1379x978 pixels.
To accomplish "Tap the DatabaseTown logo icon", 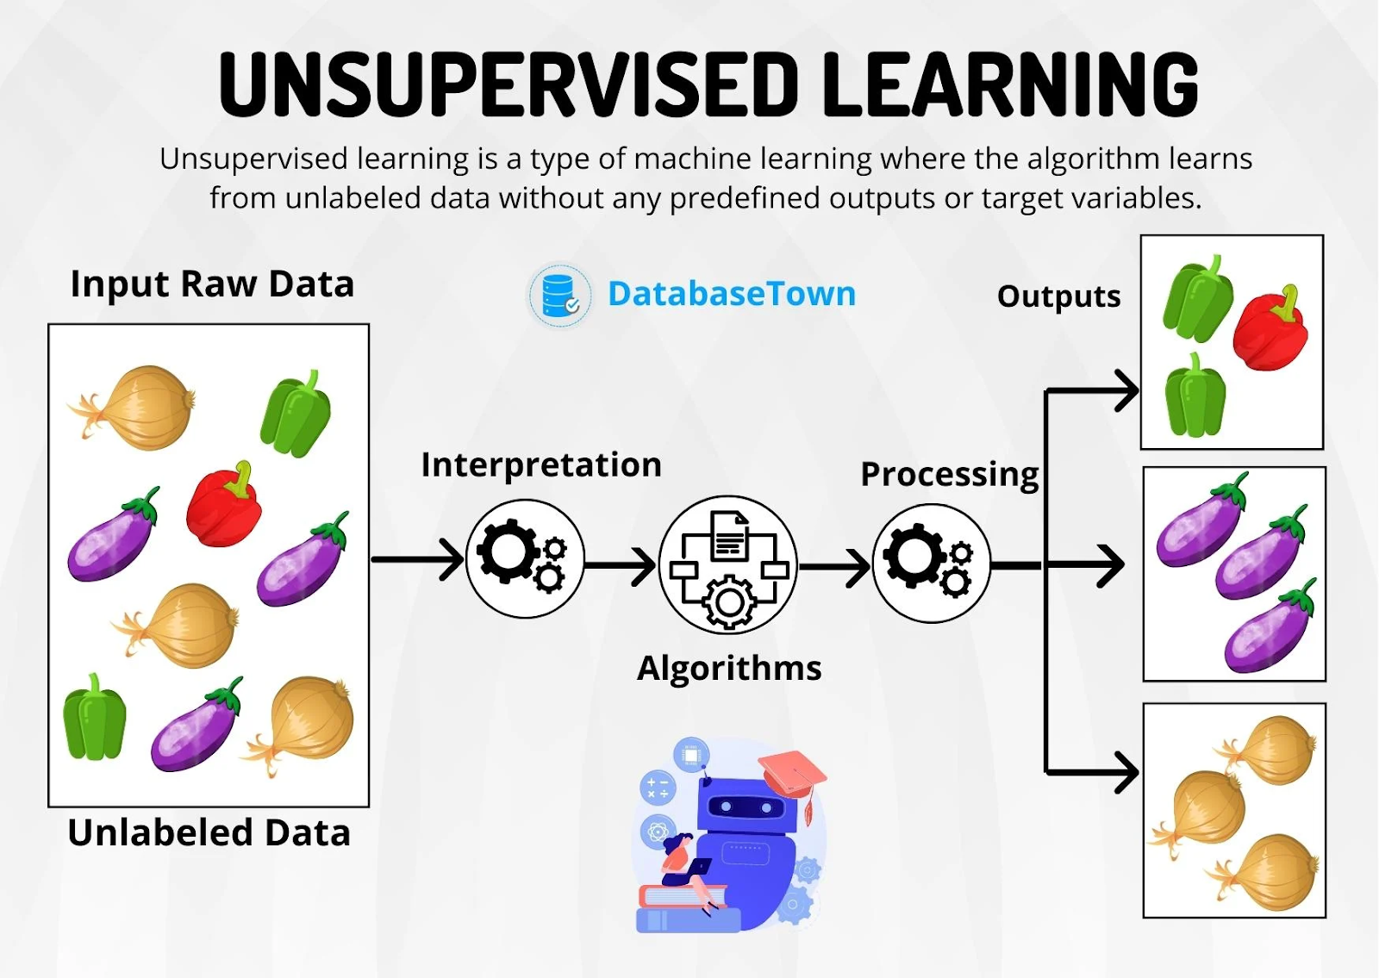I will coord(559,296).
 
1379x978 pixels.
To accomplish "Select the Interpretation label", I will coord(541,465).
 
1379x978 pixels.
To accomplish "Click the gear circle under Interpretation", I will coord(525,558).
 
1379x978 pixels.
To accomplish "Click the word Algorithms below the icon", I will coord(729,669).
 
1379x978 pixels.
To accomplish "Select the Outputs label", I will coord(1058,296).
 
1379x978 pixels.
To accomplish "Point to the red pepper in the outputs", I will coord(1270,332).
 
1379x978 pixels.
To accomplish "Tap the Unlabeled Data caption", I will coord(209,833).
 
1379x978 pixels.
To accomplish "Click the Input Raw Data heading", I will coord(212,284).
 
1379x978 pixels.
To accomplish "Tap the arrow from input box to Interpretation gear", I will coord(418,559).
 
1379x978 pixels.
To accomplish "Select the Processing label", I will coord(950,475).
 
